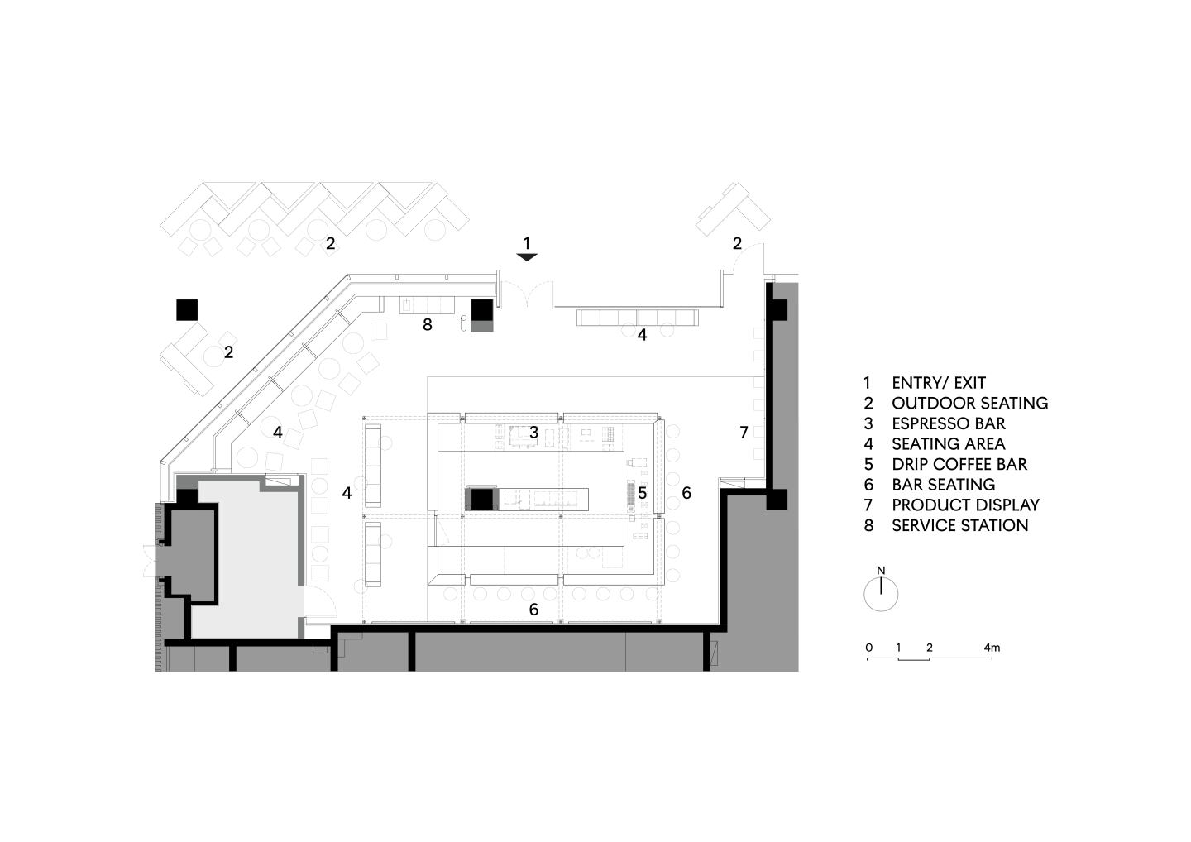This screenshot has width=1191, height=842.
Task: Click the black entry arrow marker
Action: click(x=527, y=257)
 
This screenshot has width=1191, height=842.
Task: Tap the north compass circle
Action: click(x=881, y=595)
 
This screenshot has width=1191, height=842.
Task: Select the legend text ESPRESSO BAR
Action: click(x=949, y=423)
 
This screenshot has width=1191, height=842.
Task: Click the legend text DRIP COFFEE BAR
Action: click(x=959, y=464)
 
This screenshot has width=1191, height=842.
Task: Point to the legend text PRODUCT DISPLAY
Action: click(x=965, y=505)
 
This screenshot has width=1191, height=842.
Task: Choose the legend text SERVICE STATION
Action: click(x=960, y=525)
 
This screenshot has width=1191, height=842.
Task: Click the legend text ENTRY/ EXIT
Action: click(x=939, y=383)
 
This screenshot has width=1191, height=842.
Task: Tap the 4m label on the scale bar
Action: click(x=992, y=648)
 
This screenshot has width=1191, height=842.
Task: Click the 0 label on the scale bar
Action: click(x=868, y=648)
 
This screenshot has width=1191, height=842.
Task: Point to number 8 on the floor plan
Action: click(x=428, y=325)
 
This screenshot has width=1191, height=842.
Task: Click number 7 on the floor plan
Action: click(x=744, y=433)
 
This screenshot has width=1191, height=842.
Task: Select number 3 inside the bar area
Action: click(x=533, y=433)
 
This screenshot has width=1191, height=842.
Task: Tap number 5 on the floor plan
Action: click(x=643, y=493)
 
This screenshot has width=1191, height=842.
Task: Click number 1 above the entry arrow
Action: click(x=527, y=243)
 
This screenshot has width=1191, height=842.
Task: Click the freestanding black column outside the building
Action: click(x=187, y=310)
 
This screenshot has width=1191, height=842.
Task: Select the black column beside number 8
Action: click(x=482, y=310)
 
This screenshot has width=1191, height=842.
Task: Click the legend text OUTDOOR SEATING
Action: click(x=970, y=404)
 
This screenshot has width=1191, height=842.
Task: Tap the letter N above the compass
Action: click(x=881, y=571)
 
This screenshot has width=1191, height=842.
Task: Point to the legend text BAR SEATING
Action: click(x=943, y=484)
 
